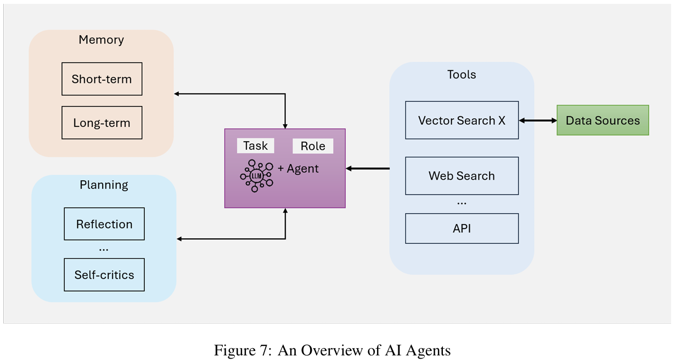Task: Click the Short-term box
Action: (102, 79)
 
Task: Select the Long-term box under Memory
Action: (102, 122)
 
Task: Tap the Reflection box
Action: (104, 224)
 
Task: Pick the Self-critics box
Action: (104, 275)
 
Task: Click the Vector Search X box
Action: (462, 120)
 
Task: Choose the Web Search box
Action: (462, 176)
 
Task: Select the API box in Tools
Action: (462, 229)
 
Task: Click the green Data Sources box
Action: (603, 120)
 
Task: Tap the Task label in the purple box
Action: (256, 146)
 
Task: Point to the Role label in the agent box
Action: (313, 146)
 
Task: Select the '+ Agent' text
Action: (298, 169)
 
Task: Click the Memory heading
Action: (101, 40)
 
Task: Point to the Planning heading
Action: (104, 185)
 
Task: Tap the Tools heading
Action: (462, 74)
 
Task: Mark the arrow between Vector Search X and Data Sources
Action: (538, 120)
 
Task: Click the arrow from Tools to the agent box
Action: (368, 168)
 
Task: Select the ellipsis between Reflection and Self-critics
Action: (104, 249)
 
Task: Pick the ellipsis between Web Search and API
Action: (462, 203)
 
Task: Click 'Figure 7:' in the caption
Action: (243, 350)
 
